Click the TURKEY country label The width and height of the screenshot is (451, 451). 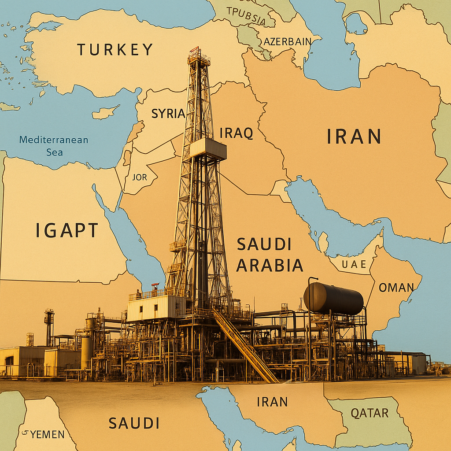click(115, 49)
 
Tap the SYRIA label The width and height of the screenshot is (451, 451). click(168, 114)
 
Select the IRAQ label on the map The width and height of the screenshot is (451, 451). click(237, 133)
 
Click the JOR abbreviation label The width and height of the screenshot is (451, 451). click(139, 177)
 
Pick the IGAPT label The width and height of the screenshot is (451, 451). click(67, 230)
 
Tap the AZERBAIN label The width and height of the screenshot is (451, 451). click(287, 42)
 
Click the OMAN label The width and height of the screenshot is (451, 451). click(396, 288)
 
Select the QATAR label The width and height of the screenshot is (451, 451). click(369, 413)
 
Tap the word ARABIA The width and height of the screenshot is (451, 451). click(270, 265)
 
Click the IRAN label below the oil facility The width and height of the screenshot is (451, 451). click(272, 402)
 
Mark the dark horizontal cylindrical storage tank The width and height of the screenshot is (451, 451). click(334, 298)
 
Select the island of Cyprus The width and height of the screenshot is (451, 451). click(105, 112)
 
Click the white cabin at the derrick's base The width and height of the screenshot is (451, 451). click(156, 307)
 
